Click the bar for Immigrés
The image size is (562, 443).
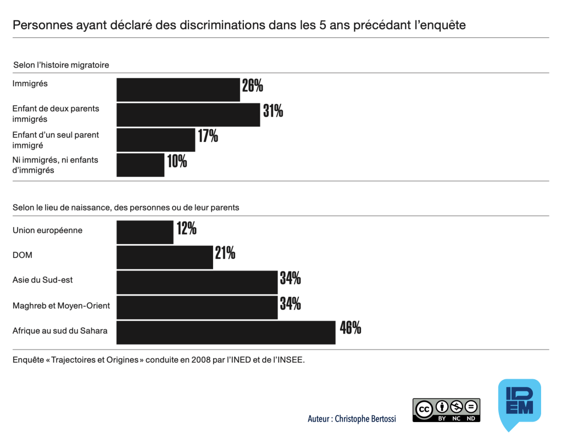tap(178, 90)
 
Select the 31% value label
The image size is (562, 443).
tap(273, 111)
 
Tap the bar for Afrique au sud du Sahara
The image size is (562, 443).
tap(226, 333)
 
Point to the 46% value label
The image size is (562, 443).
tap(350, 328)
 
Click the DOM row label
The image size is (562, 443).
tap(22, 255)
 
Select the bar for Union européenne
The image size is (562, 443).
tap(145, 232)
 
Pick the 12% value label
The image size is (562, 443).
tap(186, 228)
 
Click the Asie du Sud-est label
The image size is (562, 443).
tap(43, 280)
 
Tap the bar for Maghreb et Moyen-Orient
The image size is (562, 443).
tap(197, 307)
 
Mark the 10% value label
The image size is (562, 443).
tap(177, 161)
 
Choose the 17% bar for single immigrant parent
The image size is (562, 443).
tap(156, 140)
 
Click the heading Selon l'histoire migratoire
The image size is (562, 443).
tap(61, 65)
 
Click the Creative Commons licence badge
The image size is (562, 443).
tap(446, 410)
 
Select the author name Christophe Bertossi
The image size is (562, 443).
tap(365, 419)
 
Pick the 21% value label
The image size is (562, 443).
tap(225, 253)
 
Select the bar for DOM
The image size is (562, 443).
tap(165, 258)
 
